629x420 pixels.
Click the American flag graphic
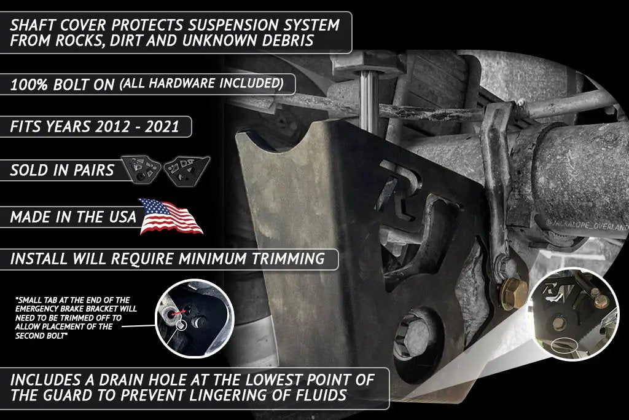click(x=171, y=216)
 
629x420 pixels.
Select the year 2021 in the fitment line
click(x=162, y=127)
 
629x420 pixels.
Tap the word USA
click(x=122, y=217)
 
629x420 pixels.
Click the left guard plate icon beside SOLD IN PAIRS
click(x=141, y=169)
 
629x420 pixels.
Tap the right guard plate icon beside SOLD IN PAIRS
click(x=186, y=170)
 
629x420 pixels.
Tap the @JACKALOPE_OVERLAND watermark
click(x=587, y=225)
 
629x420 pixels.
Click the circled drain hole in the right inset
click(x=563, y=344)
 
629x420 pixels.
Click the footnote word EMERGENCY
click(x=37, y=309)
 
